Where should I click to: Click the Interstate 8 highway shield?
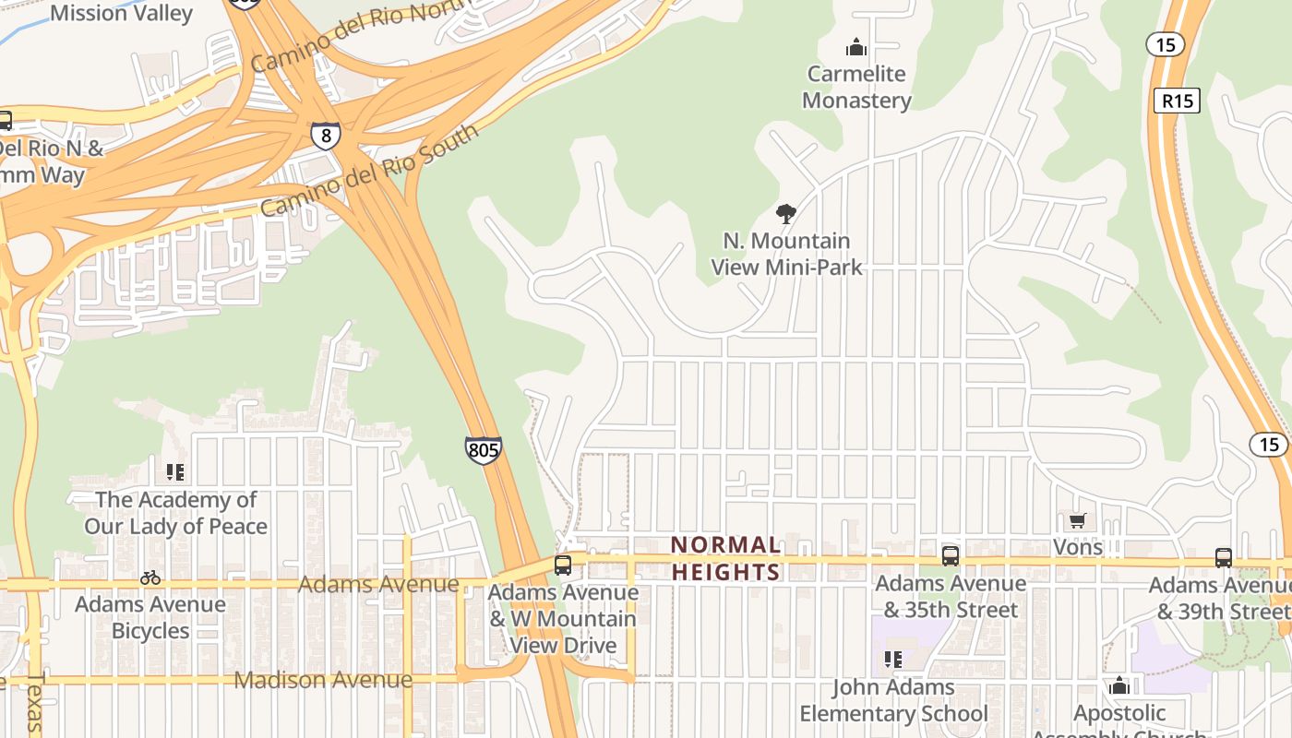click(x=325, y=136)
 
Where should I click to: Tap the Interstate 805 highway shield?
click(x=484, y=450)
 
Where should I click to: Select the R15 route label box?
click(x=1177, y=101)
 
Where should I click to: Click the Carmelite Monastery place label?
click(x=856, y=87)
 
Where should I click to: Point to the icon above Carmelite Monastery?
click(x=856, y=47)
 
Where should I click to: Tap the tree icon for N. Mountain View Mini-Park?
click(x=785, y=215)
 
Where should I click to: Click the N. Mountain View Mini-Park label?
click(x=786, y=254)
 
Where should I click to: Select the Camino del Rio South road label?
click(x=369, y=171)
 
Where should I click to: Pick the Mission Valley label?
click(x=121, y=13)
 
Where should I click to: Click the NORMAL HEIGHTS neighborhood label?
click(x=726, y=558)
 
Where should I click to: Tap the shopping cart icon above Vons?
click(x=1077, y=521)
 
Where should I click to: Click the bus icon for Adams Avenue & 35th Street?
click(x=950, y=555)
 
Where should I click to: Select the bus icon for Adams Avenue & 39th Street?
click(x=1223, y=557)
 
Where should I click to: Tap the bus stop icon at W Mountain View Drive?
click(x=563, y=565)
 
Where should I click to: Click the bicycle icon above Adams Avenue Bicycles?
click(x=150, y=577)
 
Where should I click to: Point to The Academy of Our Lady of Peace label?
click(x=175, y=513)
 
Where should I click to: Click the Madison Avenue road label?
click(x=323, y=680)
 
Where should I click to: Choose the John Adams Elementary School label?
click(x=893, y=700)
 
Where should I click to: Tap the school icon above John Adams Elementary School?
click(x=892, y=660)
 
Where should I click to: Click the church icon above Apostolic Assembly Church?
click(x=1119, y=685)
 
